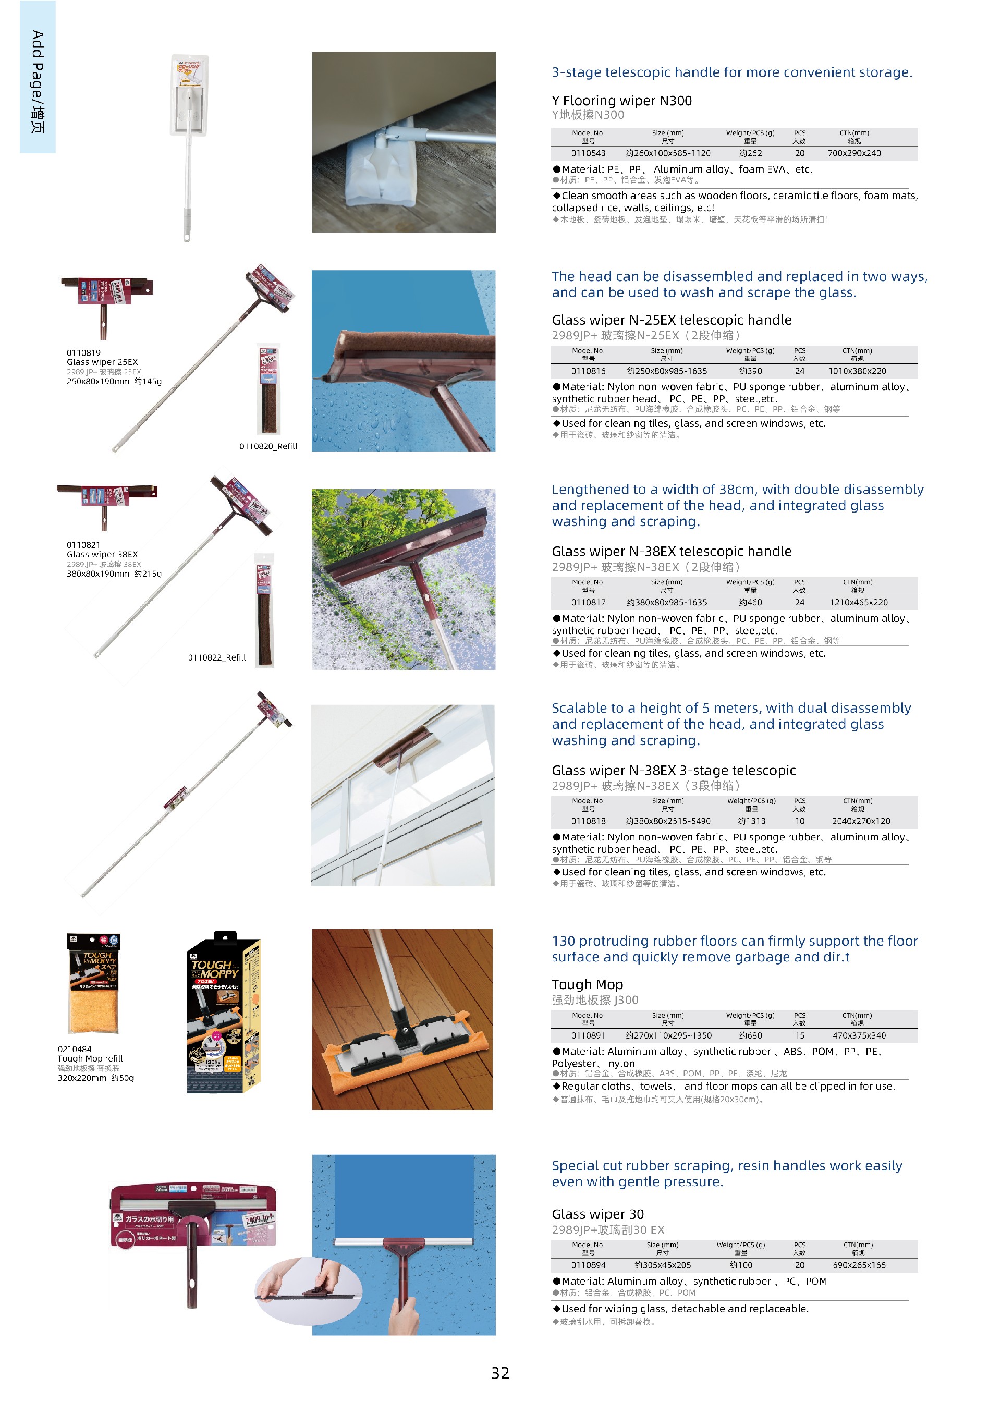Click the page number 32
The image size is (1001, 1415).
pyautogui.click(x=500, y=1372)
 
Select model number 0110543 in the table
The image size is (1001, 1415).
pyautogui.click(x=588, y=153)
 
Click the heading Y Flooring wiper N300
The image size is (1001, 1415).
pyautogui.click(x=621, y=101)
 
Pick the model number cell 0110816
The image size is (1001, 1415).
pyautogui.click(x=588, y=371)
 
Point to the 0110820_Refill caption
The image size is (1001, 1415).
pyautogui.click(x=268, y=446)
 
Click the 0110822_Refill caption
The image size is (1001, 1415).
pyautogui.click(x=217, y=657)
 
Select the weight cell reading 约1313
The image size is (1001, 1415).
pyautogui.click(x=751, y=821)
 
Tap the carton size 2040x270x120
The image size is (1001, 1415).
pyautogui.click(x=860, y=821)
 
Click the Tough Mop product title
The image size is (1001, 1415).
pyautogui.click(x=587, y=984)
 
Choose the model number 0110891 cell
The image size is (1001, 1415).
pyautogui.click(x=588, y=1035)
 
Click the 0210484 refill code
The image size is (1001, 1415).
pyautogui.click(x=75, y=1049)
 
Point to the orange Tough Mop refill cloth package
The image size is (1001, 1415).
pyautogui.click(x=94, y=983)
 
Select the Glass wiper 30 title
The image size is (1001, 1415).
pyautogui.click(x=597, y=1214)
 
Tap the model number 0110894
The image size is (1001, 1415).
pyautogui.click(x=588, y=1265)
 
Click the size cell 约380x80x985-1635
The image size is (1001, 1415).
pyautogui.click(x=667, y=602)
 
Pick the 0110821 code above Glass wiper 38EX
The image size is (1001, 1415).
pyautogui.click(x=83, y=545)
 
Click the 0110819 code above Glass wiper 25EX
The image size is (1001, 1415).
pyautogui.click(x=83, y=352)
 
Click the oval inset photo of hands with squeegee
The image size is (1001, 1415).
pyautogui.click(x=308, y=1290)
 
